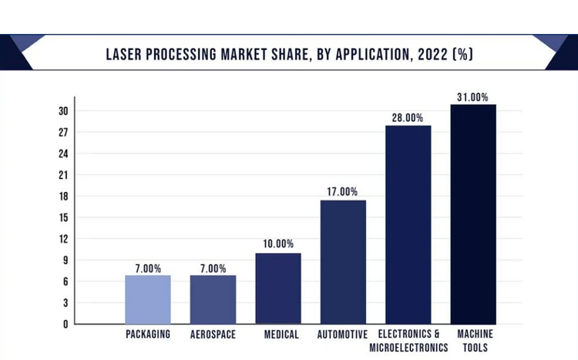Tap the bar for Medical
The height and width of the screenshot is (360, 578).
coord(278,288)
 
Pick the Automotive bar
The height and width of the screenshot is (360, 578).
coord(343,262)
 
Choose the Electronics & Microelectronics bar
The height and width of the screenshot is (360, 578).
coord(408,224)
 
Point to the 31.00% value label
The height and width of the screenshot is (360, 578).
coord(473,97)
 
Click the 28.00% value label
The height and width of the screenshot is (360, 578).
coord(408,118)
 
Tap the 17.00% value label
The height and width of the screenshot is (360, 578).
coord(343,192)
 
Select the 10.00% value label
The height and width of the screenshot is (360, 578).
coord(278,244)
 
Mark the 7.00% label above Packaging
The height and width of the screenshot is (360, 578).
coord(147,269)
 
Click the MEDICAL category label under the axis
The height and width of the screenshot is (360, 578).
coord(278,335)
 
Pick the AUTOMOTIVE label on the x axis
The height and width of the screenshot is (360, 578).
coord(343,335)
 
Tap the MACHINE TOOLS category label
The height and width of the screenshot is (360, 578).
coord(473,341)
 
